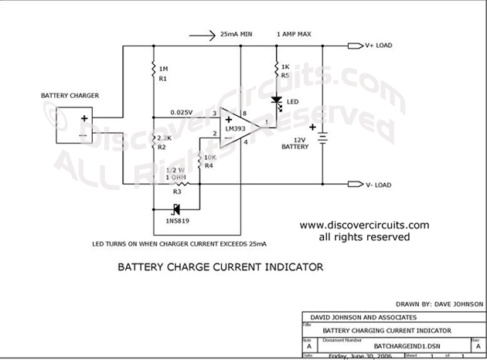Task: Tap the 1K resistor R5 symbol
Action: click(277, 71)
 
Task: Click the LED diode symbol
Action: click(277, 101)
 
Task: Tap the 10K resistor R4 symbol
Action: click(199, 161)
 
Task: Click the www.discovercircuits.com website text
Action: click(364, 225)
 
